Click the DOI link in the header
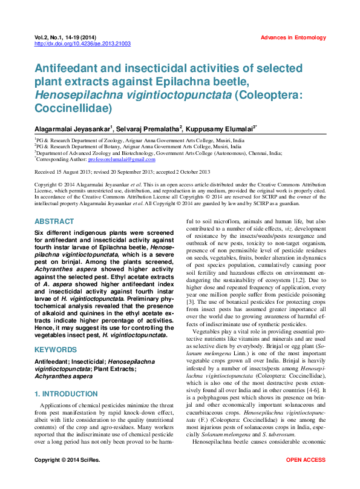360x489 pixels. tap(83, 44)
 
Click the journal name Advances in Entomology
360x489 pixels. tap(293, 38)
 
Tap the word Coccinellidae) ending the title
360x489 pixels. tap(73, 109)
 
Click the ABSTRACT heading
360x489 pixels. tap(54, 222)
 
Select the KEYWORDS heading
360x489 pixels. tap(56, 350)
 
